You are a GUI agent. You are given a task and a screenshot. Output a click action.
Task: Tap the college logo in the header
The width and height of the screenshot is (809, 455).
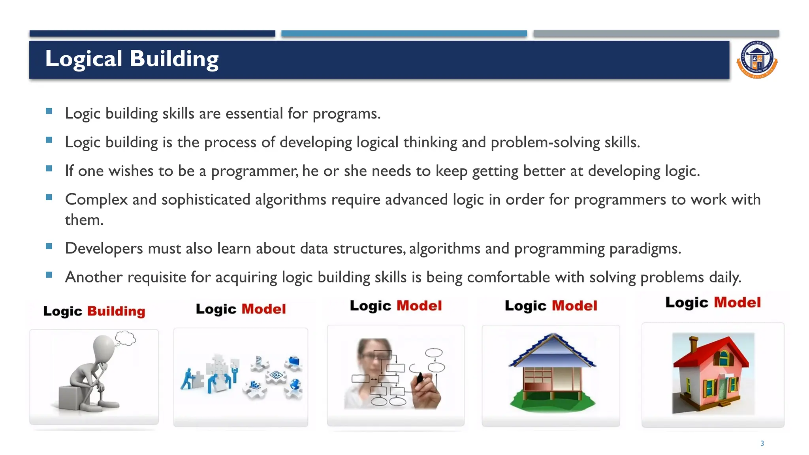[757, 60]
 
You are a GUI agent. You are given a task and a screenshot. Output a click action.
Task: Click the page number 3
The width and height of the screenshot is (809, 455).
[762, 444]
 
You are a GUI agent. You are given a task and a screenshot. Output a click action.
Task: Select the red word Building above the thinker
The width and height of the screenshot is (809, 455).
[116, 311]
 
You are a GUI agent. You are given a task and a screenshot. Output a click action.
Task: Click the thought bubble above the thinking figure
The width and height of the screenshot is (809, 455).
[126, 338]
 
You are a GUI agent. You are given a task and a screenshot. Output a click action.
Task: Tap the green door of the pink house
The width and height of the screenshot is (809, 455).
[722, 389]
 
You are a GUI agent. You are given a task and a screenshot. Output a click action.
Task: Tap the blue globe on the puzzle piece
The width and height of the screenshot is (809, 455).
[295, 384]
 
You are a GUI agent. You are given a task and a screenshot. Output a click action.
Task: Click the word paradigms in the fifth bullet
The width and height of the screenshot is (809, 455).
[645, 249]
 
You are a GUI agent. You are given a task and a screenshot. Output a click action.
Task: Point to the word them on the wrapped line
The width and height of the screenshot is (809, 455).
[84, 220]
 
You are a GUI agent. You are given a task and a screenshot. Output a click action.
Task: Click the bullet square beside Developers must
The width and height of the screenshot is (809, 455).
[49, 246]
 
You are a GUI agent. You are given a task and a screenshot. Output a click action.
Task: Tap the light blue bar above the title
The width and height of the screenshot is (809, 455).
[404, 34]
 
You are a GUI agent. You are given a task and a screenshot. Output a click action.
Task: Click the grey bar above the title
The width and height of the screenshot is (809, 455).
[656, 34]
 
